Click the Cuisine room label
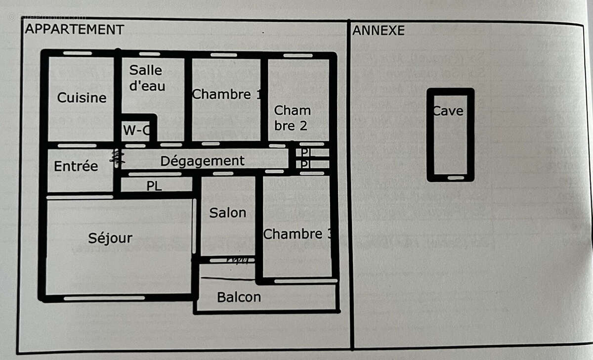pos(82,98)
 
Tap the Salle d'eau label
pos(146,78)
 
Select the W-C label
pos(136,131)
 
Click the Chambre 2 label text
pos(292,118)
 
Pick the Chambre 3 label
pos(296,234)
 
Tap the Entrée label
pos(76,166)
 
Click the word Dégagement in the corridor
pos(202,161)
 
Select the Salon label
pos(227,213)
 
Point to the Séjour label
pos(110,238)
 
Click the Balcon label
pos(239,297)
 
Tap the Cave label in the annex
pos(449,111)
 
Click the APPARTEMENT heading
pos(74,30)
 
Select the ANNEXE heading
pos(378,31)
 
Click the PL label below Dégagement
pos(154,186)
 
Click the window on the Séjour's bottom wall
pos(104,298)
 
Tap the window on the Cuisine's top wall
pos(78,53)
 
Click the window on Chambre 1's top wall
pos(223,55)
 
